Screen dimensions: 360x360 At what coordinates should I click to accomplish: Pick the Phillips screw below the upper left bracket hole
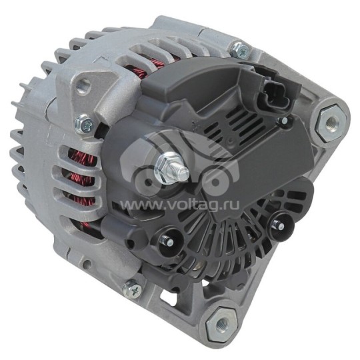click(85, 122)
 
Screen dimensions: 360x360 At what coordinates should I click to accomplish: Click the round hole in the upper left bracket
click(83, 85)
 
